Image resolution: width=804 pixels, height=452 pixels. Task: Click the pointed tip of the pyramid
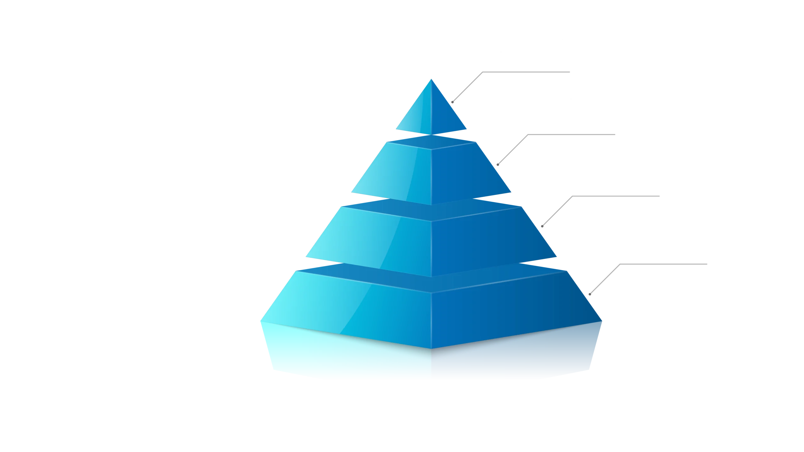pos(431,80)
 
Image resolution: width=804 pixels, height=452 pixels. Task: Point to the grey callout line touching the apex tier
pos(468,87)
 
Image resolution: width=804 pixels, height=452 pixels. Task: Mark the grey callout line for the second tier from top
pos(513,150)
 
